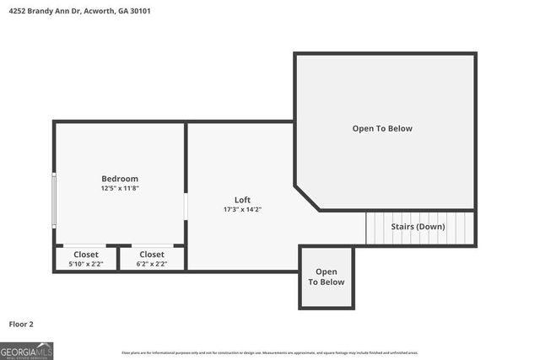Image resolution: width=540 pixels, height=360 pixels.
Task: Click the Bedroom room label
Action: (120, 179)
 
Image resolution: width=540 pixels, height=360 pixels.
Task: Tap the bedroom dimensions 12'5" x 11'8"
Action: (120, 188)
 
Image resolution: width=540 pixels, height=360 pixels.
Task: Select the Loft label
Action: (242, 200)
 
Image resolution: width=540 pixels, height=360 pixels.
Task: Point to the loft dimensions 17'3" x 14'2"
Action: (242, 209)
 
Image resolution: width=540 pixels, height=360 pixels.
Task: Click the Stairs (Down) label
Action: (418, 227)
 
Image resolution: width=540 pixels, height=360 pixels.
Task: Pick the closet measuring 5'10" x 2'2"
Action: (85, 259)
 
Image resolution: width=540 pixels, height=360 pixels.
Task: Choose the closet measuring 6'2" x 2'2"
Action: (152, 259)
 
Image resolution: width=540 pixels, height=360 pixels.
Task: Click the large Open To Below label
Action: (382, 128)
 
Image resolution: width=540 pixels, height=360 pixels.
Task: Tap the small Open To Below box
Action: (326, 277)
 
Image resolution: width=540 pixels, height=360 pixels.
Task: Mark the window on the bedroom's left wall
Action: (54, 199)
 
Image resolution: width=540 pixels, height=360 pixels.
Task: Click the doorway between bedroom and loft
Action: (186, 207)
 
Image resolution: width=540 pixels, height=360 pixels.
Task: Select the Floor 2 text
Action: (21, 324)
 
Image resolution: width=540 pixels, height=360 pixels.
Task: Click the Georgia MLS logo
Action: (26, 349)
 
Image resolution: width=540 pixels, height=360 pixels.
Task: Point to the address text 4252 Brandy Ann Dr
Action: (51, 13)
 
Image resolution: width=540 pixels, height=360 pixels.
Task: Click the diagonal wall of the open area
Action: (307, 197)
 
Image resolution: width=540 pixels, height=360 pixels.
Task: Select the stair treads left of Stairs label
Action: (375, 228)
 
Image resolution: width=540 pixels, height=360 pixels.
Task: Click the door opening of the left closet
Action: (84, 245)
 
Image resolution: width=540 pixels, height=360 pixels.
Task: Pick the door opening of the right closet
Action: (153, 245)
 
